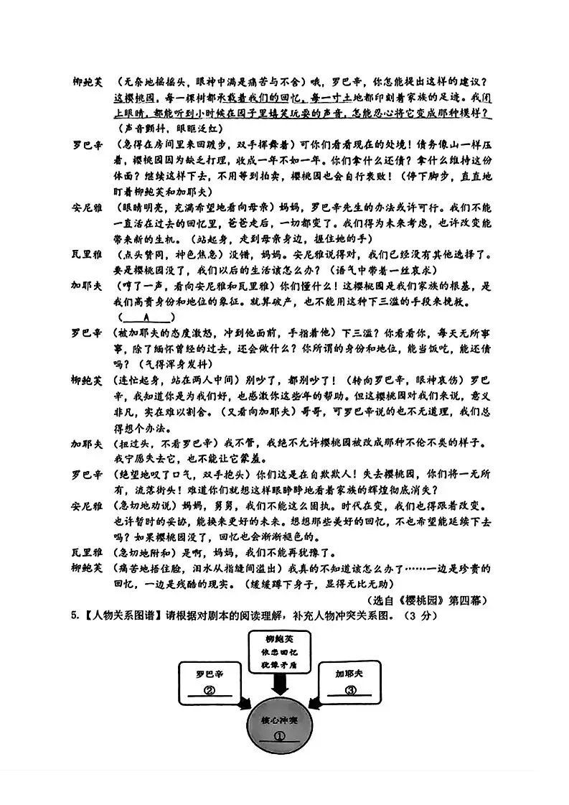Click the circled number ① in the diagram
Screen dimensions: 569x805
281,735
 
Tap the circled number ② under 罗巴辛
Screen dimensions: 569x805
210,692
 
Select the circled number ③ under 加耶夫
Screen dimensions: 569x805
351,691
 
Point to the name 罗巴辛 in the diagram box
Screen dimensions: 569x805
210,674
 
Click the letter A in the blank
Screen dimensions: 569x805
146,316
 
